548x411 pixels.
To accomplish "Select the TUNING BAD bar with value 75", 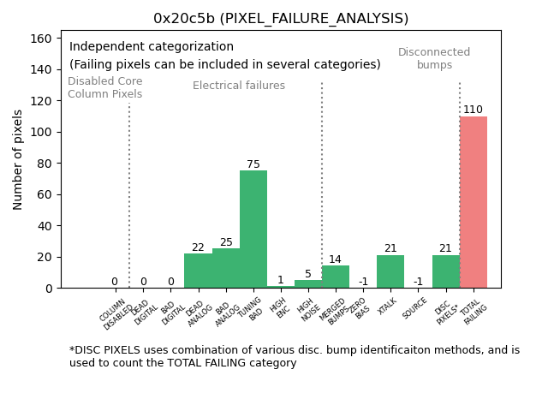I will click(253, 229).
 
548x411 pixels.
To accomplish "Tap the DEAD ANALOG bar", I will click(198, 271).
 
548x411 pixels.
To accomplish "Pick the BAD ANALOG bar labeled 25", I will click(226, 268).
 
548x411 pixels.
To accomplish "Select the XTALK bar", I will click(390, 271).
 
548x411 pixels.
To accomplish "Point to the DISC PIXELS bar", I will click(445, 271).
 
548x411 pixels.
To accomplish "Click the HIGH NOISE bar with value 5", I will click(308, 284).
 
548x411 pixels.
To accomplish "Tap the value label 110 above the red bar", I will click(473, 110).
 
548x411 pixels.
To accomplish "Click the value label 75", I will click(253, 164).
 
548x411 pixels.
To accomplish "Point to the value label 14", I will click(335, 259).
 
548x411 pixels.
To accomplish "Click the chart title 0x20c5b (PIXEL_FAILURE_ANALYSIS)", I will click(281, 19).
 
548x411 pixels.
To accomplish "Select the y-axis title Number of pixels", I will click(19, 159).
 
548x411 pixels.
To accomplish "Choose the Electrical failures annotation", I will click(239, 86).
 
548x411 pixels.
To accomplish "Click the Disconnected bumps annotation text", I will click(434, 59).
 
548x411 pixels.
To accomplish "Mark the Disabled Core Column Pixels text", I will click(105, 88).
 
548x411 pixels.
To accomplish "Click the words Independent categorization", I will click(152, 47).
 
